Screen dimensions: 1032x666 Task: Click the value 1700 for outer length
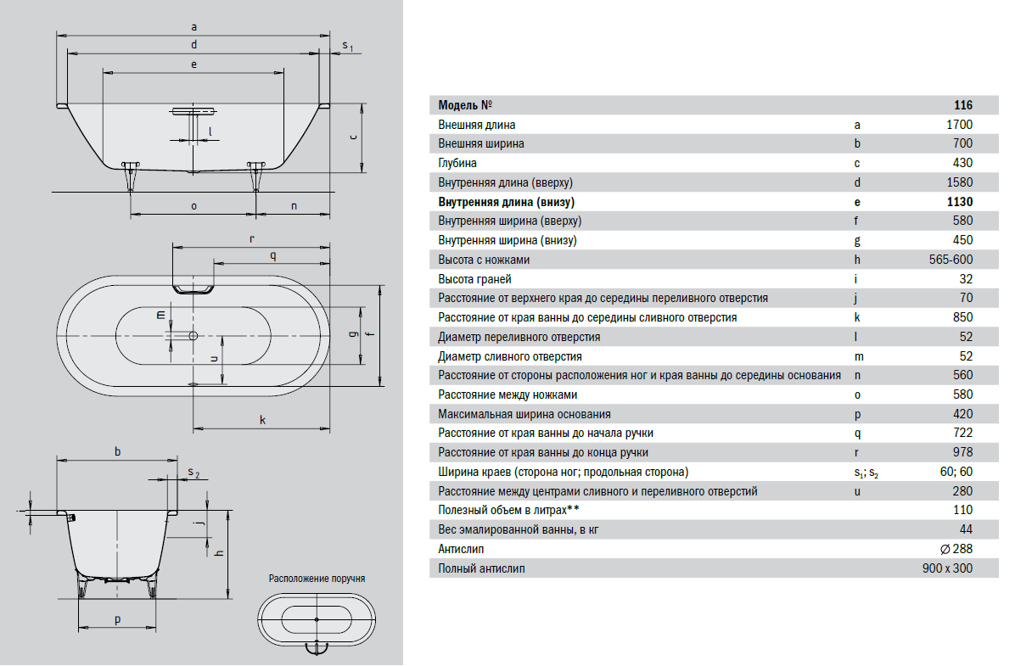point(959,125)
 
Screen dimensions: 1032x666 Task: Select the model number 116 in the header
point(963,105)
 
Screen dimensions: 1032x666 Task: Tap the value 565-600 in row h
point(951,260)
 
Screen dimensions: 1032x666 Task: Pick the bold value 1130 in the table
point(960,202)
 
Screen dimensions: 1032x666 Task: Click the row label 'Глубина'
point(457,163)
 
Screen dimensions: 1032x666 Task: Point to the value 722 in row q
point(963,433)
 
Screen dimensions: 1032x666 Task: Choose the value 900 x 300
point(947,568)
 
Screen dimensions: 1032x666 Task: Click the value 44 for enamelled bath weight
point(966,529)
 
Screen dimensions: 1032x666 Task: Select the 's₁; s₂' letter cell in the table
point(867,473)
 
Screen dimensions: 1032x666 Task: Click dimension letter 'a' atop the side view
point(194,27)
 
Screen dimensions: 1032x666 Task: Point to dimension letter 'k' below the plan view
point(262,420)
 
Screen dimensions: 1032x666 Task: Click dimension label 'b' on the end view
point(117,451)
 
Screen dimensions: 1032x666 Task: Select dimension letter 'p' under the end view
point(117,619)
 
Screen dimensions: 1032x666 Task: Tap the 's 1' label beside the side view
point(347,46)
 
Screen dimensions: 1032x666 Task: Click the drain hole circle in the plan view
point(193,336)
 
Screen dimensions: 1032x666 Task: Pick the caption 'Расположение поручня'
point(317,579)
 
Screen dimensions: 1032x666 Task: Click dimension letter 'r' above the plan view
point(251,239)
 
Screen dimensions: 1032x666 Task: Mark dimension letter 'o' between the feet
point(193,206)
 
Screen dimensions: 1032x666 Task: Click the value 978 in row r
point(963,452)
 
